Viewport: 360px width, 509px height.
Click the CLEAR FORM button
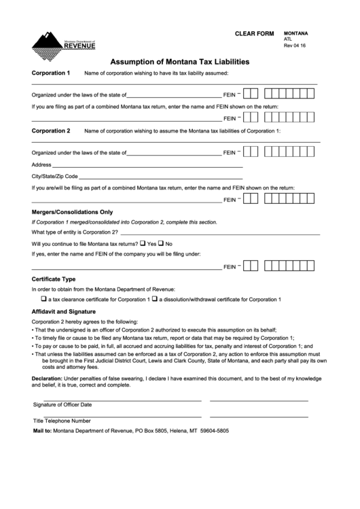click(254, 33)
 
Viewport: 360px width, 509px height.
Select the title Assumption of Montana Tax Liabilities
click(179, 60)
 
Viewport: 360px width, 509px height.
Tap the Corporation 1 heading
click(51, 72)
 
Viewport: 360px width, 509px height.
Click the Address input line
click(147, 165)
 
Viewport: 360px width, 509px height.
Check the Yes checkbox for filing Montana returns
click(143, 243)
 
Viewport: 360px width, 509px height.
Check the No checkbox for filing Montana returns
click(162, 243)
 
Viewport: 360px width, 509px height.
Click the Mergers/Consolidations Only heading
click(72, 211)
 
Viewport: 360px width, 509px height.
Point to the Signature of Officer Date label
click(62, 404)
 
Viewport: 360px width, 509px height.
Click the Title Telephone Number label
click(62, 421)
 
